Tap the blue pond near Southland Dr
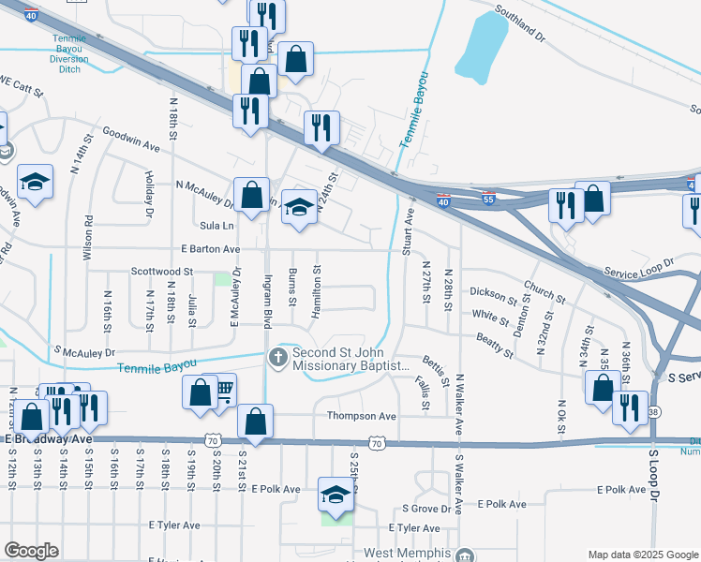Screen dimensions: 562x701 pos(481,47)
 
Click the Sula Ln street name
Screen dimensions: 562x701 pos(216,226)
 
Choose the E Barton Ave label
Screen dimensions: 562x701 pos(211,249)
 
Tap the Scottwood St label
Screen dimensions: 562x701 pos(161,272)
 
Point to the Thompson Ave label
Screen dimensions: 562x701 pos(361,415)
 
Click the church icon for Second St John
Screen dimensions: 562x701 pos(277,357)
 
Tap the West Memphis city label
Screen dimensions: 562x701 pos(409,555)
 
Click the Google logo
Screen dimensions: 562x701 pos(32,551)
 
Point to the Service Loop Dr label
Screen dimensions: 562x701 pos(639,269)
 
